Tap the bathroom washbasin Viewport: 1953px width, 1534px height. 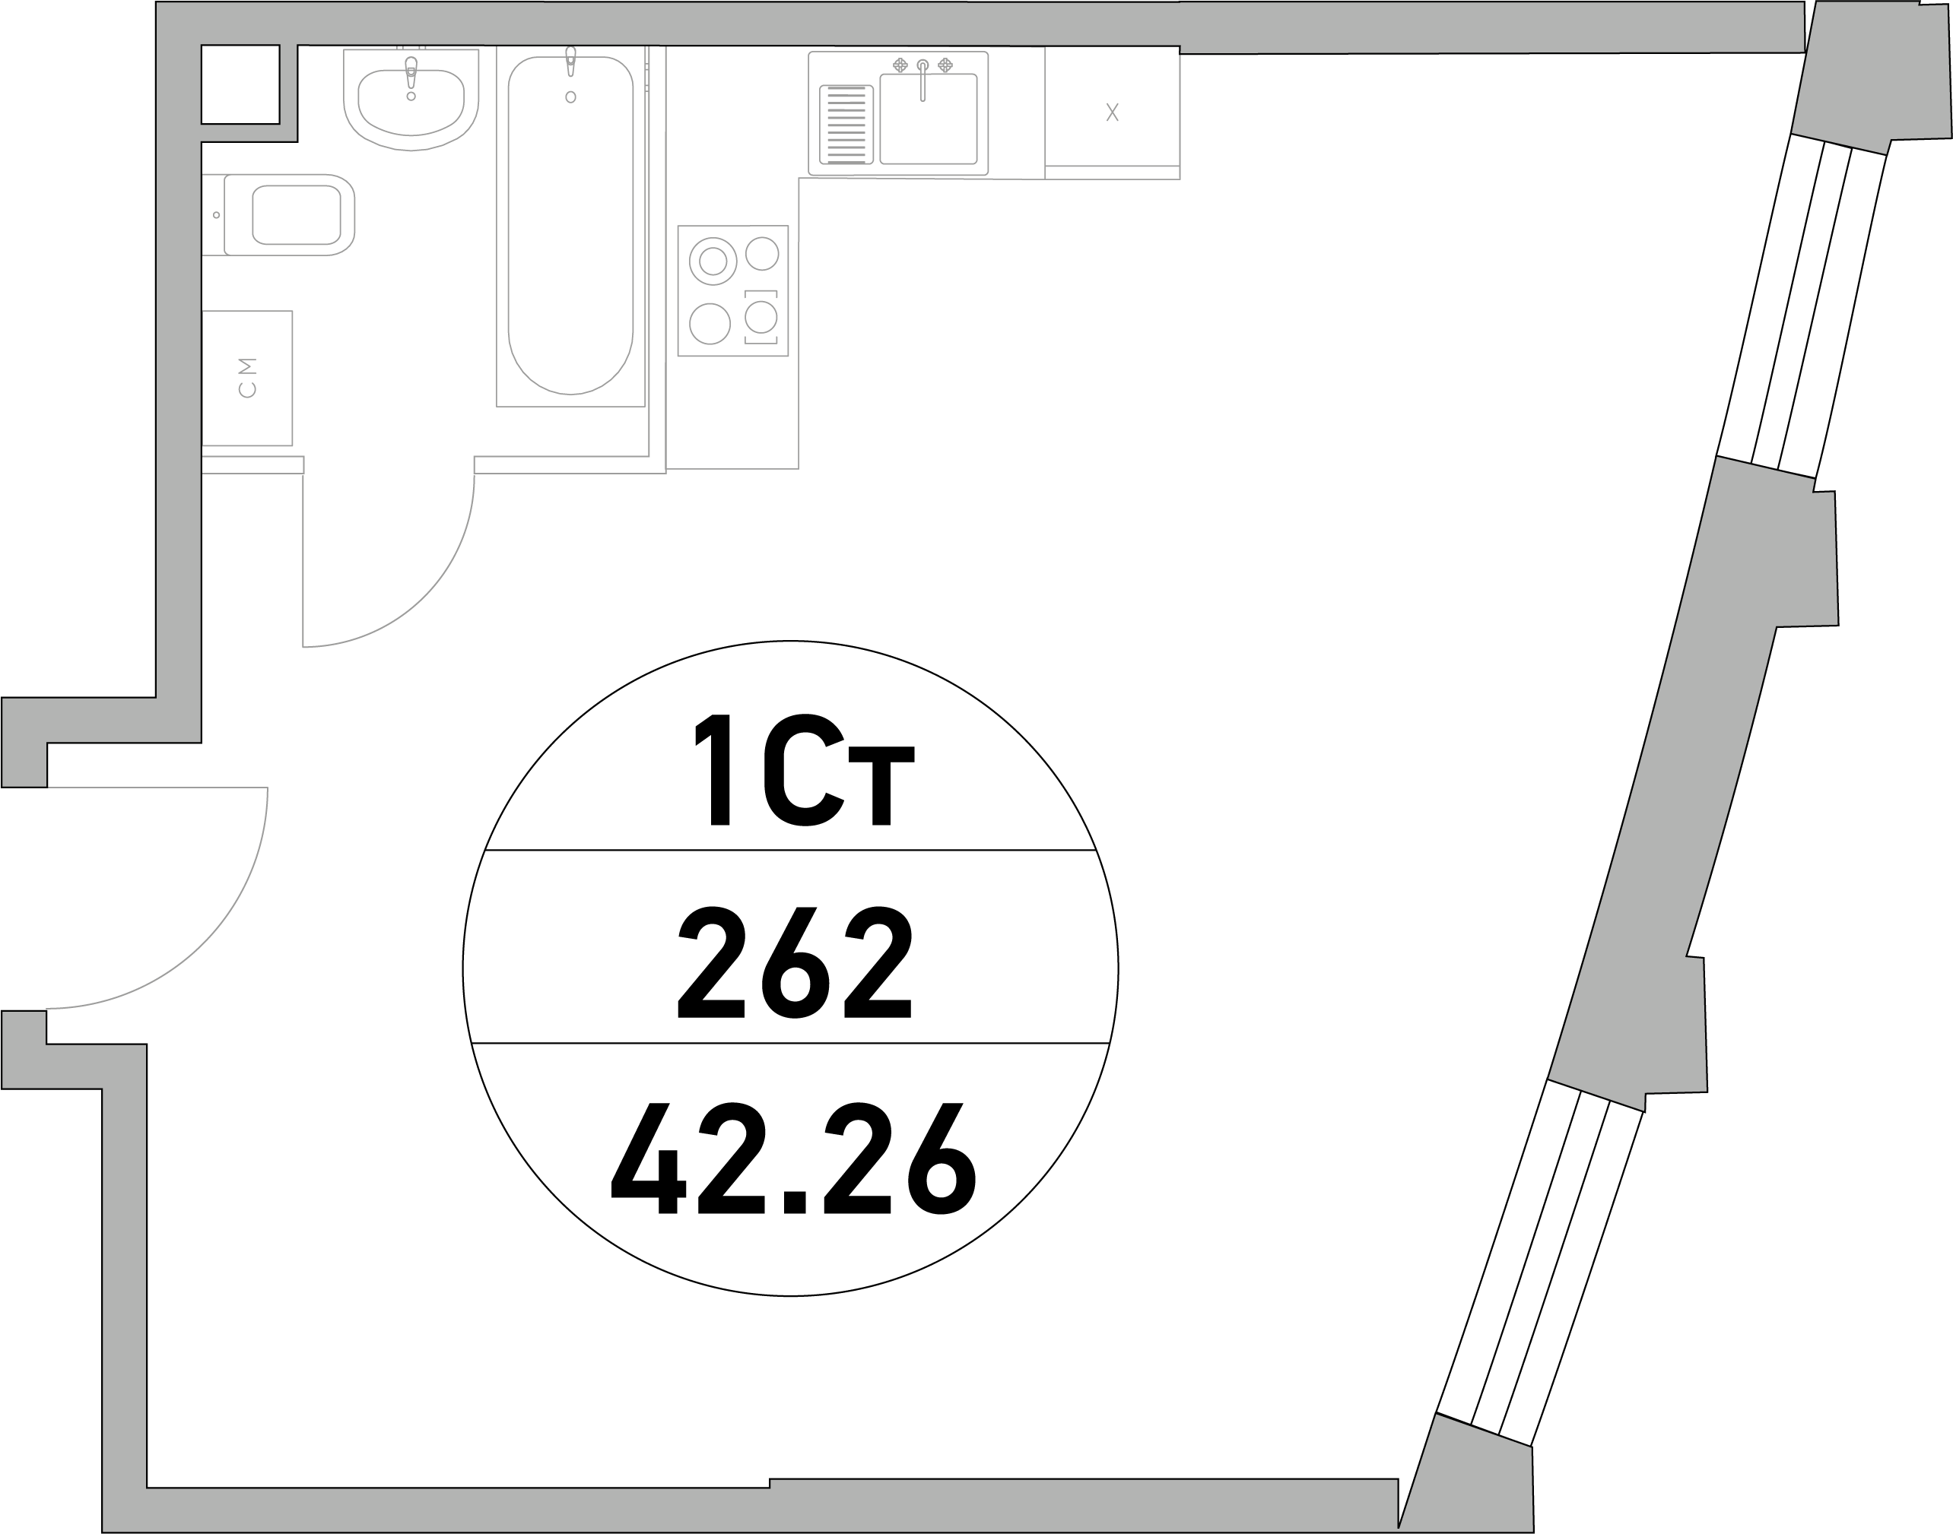pyautogui.click(x=411, y=99)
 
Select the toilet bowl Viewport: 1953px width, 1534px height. pyautogui.click(x=278, y=214)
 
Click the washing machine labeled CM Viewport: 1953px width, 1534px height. pyautogui.click(x=247, y=378)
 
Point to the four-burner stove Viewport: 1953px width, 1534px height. pyautogui.click(x=733, y=290)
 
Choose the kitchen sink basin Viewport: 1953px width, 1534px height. pyautogui.click(x=928, y=119)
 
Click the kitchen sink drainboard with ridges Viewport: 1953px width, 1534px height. pyautogui.click(x=846, y=125)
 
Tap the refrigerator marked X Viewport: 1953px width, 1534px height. pyautogui.click(x=1112, y=113)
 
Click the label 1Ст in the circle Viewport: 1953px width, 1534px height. pyautogui.click(x=804, y=770)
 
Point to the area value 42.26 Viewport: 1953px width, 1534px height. pyautogui.click(x=793, y=1158)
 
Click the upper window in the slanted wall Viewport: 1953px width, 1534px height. pyautogui.click(x=1801, y=306)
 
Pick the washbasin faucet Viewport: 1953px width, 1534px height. pyautogui.click(x=411, y=73)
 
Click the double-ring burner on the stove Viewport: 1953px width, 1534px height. pyautogui.click(x=713, y=261)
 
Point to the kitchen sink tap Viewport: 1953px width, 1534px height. pyautogui.click(x=923, y=80)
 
